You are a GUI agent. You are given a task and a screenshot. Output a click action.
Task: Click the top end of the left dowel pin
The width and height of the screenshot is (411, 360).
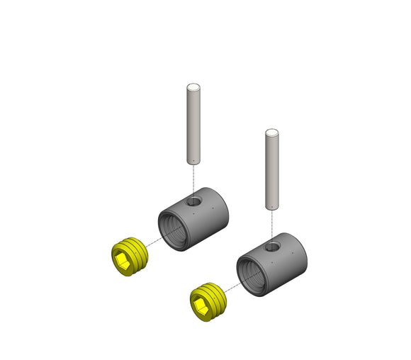pos(193,88)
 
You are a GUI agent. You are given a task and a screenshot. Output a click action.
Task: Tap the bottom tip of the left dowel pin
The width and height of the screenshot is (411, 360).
pos(193,162)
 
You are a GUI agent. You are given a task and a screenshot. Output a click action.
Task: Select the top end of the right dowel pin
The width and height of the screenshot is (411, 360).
pos(271,133)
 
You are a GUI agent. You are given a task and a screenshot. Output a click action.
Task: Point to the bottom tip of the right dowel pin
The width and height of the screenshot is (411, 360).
pos(271,207)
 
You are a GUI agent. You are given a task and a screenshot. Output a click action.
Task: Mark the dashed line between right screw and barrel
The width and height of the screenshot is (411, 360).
pos(231,287)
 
